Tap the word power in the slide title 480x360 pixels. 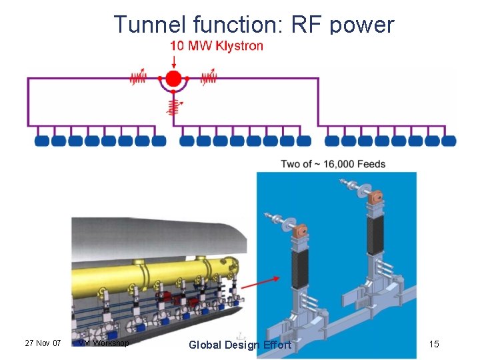(363, 24)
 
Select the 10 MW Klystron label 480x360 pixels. (217, 46)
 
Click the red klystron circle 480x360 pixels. (173, 79)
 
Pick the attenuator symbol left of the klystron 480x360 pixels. (138, 78)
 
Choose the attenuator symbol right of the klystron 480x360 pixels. (209, 78)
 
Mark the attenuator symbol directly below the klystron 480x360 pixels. (173, 105)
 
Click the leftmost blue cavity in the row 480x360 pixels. (42, 141)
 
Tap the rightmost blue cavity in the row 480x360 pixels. (449, 141)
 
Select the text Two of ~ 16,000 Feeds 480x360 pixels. (333, 164)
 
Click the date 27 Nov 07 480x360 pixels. (43, 343)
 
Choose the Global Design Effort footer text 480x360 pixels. (240, 345)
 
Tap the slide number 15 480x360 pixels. (434, 344)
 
